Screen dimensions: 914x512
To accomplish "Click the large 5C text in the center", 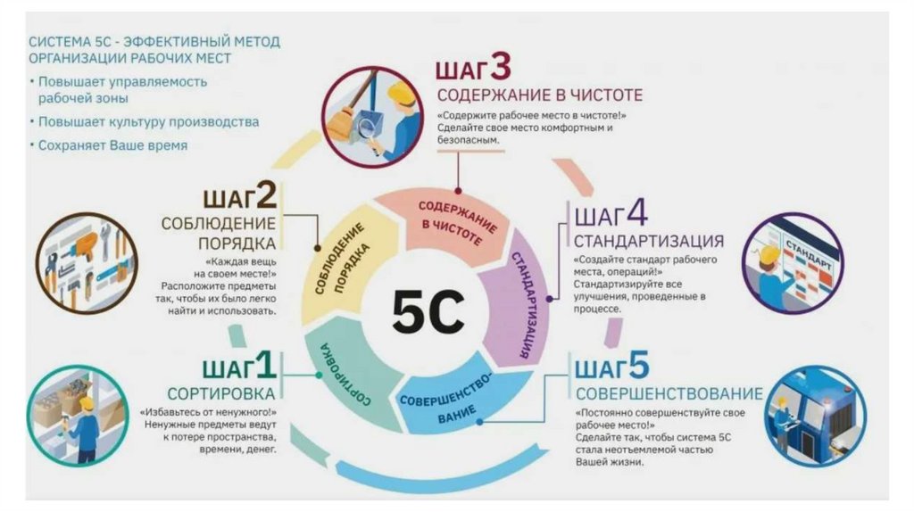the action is coord(428,310).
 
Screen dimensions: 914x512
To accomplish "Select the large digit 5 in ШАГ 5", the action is coord(636,367).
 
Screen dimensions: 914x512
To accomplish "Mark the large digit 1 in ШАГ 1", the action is coord(265,366).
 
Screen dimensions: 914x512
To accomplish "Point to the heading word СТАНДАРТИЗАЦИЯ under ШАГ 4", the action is coord(648,242).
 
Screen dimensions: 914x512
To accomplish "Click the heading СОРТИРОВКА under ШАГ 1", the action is coord(223,393).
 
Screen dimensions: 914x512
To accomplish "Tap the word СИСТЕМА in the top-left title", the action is coord(59,42).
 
